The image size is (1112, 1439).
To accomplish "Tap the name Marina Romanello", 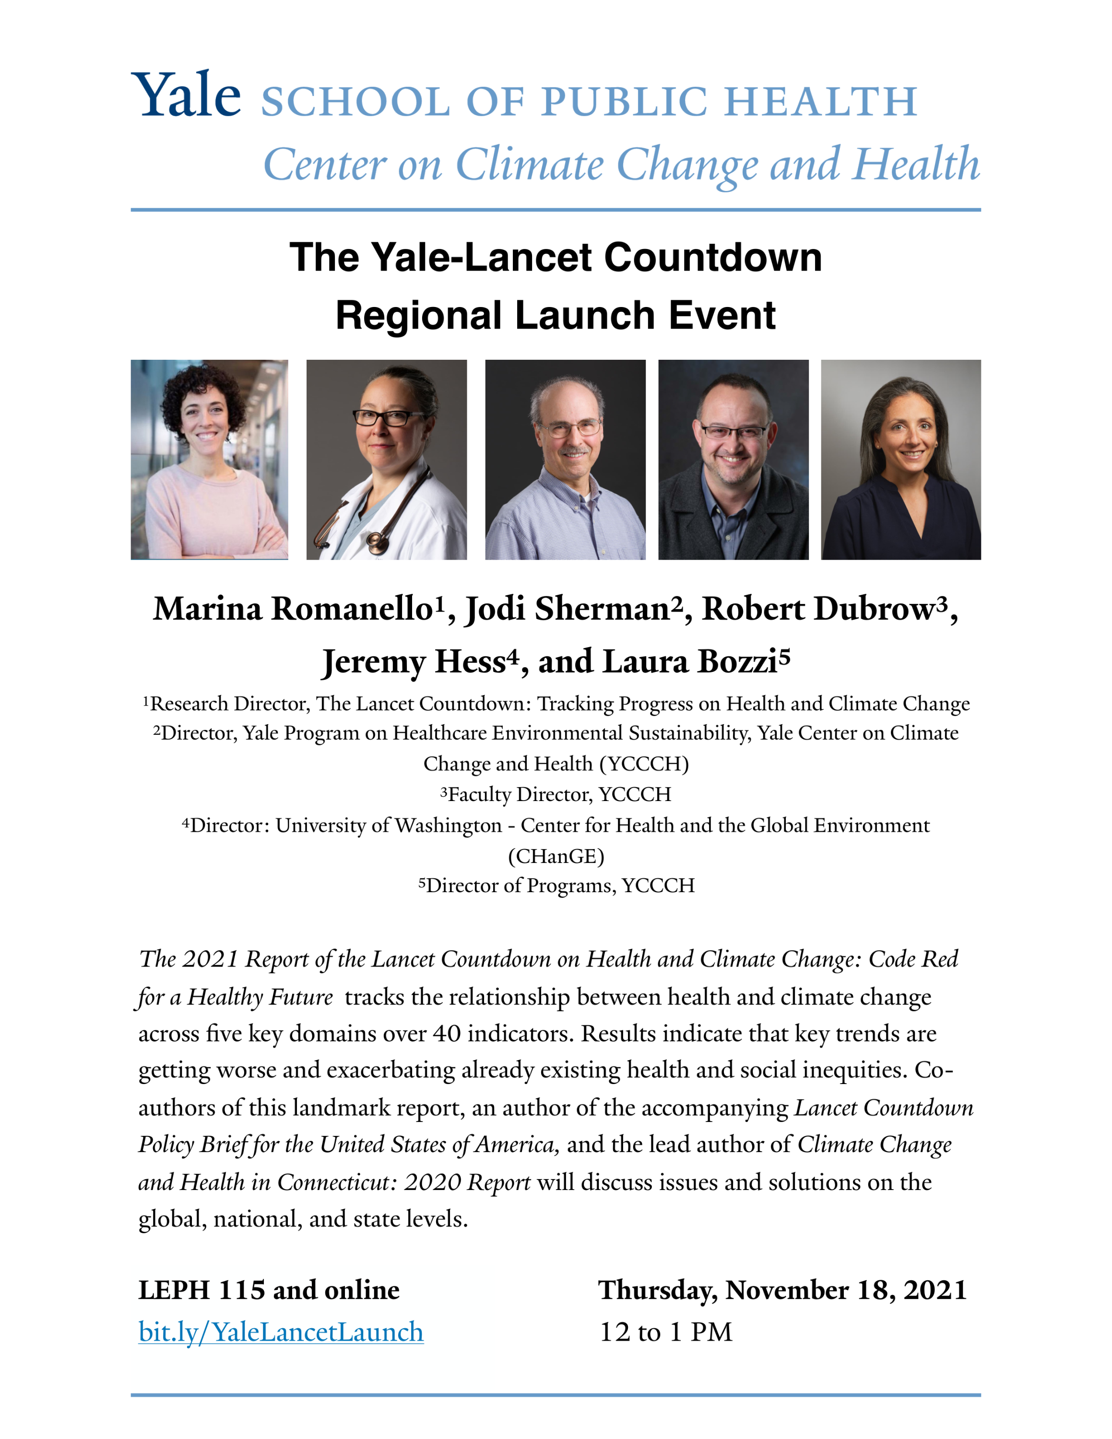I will click(293, 609).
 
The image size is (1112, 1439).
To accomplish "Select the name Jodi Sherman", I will click(568, 609).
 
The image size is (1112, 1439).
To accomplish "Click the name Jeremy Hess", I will click(413, 662).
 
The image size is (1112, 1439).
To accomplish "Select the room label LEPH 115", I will click(201, 1289).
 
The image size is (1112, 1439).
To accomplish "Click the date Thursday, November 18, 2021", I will click(782, 1289).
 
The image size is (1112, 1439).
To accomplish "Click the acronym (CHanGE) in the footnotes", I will click(556, 856).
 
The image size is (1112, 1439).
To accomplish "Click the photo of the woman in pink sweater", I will click(210, 460).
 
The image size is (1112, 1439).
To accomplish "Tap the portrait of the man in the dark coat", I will click(733, 460).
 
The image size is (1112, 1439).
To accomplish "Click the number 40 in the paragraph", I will click(446, 1034).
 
